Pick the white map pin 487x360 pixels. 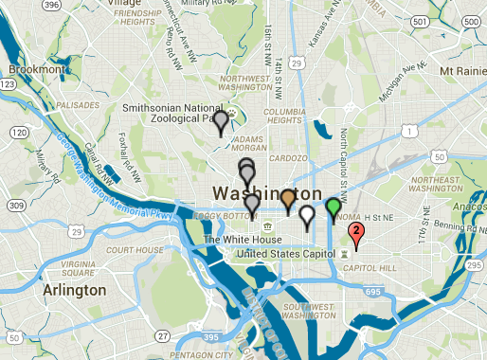point(306,216)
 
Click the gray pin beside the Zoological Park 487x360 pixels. point(221,121)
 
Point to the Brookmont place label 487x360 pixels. point(37,70)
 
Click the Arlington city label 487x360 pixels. point(67,290)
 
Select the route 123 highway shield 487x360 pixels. point(7,84)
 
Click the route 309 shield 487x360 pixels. point(14,205)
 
